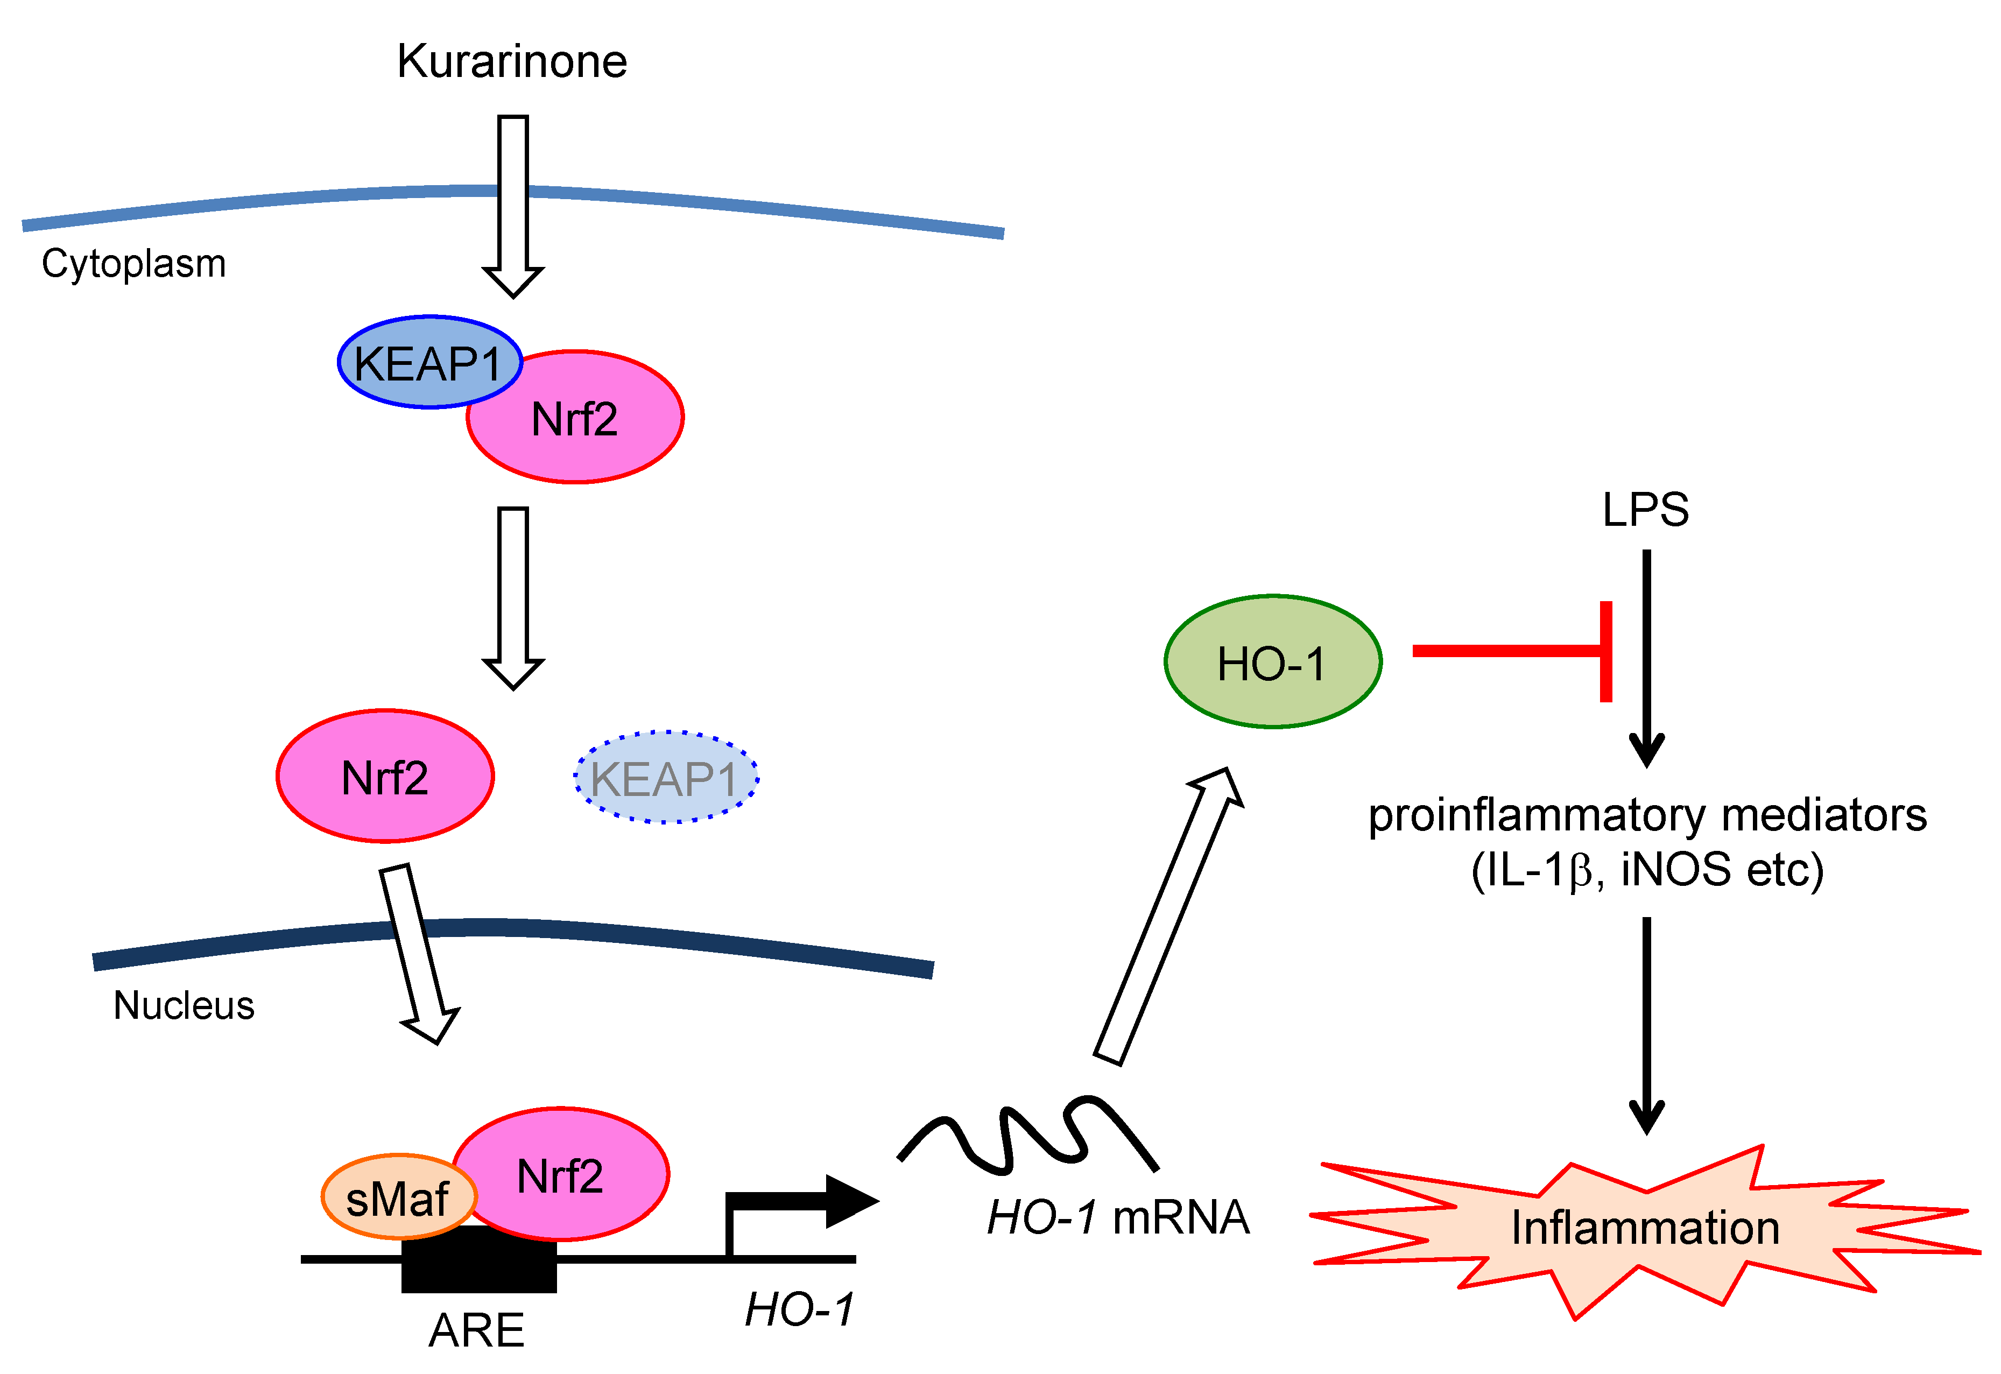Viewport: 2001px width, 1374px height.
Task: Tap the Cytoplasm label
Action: click(x=133, y=263)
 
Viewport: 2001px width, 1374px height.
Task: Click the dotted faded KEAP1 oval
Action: click(x=666, y=777)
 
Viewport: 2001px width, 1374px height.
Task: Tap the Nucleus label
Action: click(x=184, y=1005)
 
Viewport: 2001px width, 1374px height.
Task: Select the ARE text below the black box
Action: click(x=476, y=1330)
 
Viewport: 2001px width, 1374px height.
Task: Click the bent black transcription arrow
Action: click(x=801, y=1201)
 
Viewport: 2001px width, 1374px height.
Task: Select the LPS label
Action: click(x=1645, y=510)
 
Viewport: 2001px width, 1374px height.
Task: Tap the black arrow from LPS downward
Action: click(x=1646, y=654)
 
